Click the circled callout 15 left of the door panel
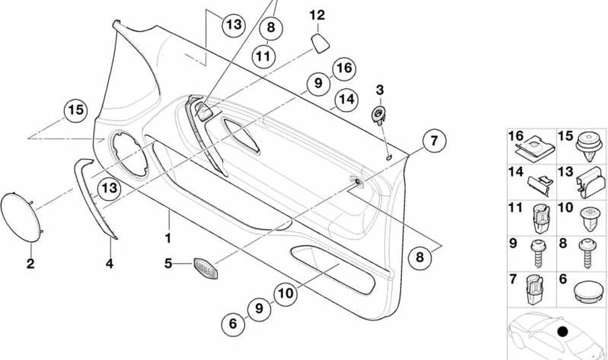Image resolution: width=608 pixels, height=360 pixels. point(76,111)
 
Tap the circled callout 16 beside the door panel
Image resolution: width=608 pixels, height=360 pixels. point(344,69)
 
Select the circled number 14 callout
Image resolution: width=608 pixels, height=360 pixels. point(346,100)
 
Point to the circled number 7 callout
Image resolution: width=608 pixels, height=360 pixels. point(434,141)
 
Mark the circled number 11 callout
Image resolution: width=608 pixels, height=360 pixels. point(263,57)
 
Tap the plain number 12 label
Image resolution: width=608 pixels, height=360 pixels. point(317,15)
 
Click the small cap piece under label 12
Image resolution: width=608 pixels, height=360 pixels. point(320,43)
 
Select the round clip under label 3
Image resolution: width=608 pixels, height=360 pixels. point(379,116)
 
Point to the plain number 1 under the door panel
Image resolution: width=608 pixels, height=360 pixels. point(168,239)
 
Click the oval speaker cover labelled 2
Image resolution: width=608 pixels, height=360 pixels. point(22,217)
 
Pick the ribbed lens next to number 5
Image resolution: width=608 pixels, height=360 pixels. point(206,269)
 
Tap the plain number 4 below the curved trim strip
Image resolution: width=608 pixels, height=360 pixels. point(109,264)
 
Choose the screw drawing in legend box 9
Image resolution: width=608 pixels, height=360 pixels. point(539,253)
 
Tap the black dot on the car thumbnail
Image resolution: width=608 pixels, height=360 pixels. point(563,331)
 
